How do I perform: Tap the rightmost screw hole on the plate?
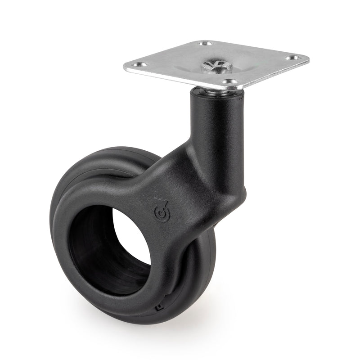292,58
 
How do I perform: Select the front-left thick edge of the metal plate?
180,78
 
